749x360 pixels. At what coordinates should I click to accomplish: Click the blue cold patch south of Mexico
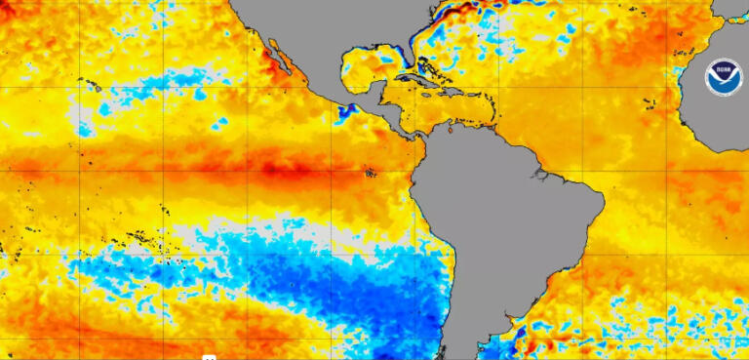(344, 110)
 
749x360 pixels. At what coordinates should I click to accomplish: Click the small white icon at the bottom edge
(209, 357)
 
